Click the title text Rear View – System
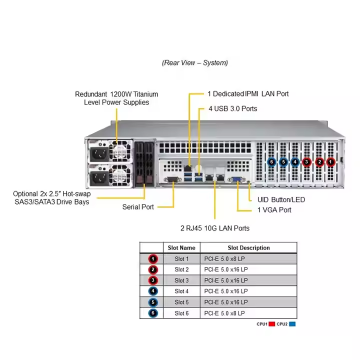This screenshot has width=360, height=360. [195, 62]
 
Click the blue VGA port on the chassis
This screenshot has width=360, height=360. [236, 179]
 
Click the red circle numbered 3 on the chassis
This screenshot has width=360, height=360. [306, 162]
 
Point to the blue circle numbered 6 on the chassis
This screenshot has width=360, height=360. [271, 162]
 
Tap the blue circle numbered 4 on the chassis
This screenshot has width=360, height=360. [295, 162]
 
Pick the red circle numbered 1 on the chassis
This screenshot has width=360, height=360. [330, 162]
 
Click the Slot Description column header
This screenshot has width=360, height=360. [248, 247]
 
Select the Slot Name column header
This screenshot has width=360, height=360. [181, 247]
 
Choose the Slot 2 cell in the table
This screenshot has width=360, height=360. [181, 269]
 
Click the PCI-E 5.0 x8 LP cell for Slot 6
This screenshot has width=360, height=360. [248, 313]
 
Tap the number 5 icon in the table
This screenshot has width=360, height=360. [153, 302]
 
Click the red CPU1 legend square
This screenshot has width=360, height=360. [272, 324]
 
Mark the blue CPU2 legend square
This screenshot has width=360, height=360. [292, 324]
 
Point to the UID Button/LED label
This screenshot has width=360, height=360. [281, 199]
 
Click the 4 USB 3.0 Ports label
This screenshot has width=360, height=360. [233, 108]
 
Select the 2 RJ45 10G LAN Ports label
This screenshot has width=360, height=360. [215, 228]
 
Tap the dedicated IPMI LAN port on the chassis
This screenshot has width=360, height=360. [188, 168]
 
